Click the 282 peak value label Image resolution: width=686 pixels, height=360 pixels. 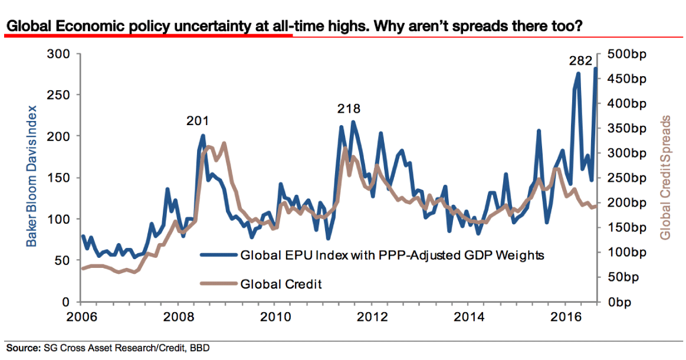click(580, 60)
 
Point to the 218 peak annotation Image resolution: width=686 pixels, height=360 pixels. click(349, 109)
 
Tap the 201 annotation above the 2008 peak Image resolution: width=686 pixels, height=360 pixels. click(197, 121)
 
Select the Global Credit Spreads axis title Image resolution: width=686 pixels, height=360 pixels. click(666, 177)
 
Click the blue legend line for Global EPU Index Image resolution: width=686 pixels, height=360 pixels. click(219, 256)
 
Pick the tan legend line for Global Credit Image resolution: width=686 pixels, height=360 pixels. click(219, 284)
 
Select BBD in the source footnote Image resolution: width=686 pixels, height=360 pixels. click(199, 348)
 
